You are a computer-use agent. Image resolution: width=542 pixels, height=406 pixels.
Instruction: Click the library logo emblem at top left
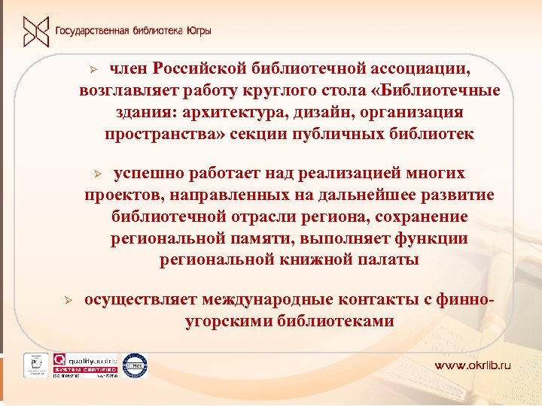[x=34, y=31]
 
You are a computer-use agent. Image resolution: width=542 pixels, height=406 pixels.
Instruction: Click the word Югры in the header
[x=198, y=32]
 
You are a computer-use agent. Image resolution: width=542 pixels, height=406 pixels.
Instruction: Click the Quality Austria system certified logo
[x=84, y=365]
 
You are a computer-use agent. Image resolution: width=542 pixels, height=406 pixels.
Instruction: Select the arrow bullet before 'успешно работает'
[x=96, y=174]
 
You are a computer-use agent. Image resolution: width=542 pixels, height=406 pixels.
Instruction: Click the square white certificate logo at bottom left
[x=35, y=365]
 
